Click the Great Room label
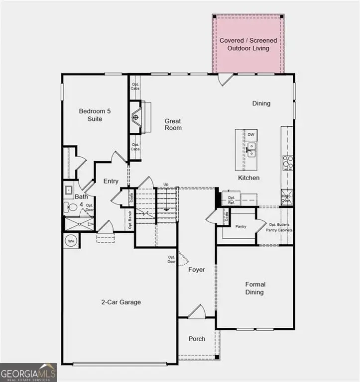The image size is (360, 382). click(173, 124)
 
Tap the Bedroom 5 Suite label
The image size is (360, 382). click(91, 115)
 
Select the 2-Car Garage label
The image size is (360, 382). click(121, 302)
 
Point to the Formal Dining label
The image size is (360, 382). click(255, 288)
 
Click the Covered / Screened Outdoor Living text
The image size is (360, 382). click(248, 44)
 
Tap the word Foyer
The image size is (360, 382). click(197, 270)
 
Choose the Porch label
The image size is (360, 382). click(197, 339)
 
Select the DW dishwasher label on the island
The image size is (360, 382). click(251, 135)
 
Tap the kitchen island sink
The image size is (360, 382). click(251, 148)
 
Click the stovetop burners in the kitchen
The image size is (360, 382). click(288, 163)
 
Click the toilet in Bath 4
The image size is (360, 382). click(69, 208)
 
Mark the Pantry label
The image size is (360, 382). click(241, 226)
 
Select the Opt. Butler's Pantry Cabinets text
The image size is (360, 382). click(280, 227)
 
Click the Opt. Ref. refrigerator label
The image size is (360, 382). click(231, 200)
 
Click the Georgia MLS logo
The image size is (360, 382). click(28, 373)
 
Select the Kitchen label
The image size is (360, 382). click(248, 178)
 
